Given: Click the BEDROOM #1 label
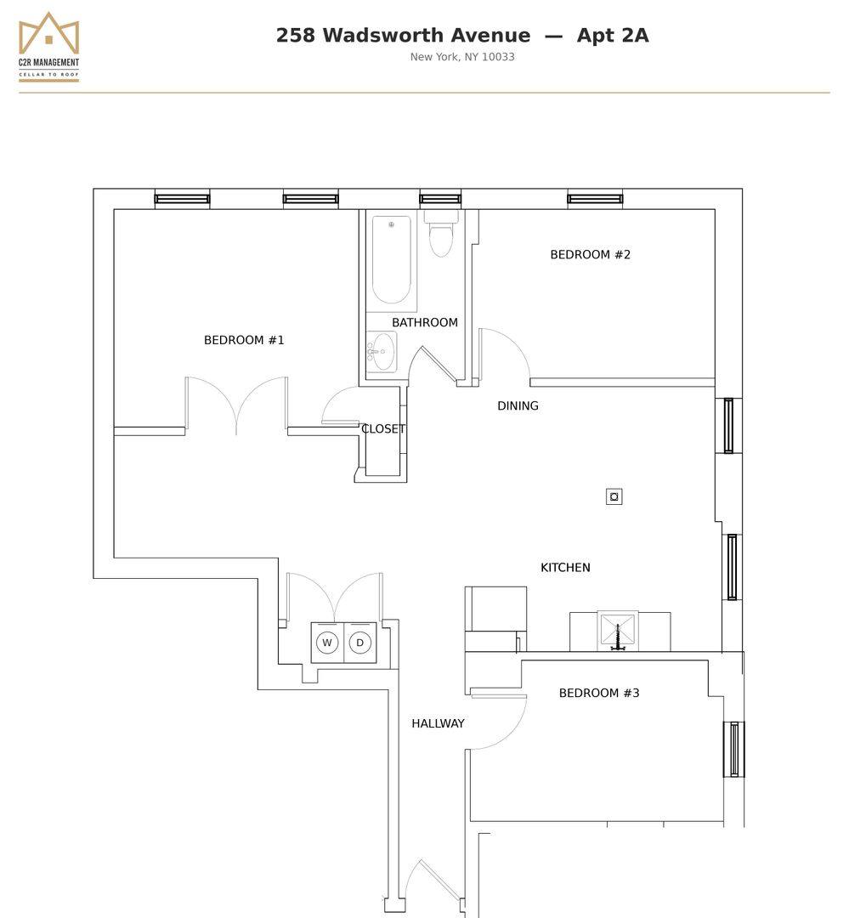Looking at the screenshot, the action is point(244,340).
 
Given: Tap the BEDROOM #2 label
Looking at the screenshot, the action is point(590,255).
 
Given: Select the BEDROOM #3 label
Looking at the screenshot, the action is point(599,694).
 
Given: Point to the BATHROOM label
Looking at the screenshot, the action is point(425,323).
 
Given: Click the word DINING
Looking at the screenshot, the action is point(518,405).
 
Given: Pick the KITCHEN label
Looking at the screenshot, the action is point(565,567).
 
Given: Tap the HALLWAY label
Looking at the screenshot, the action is point(438,723).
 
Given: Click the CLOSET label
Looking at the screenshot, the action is point(383,428).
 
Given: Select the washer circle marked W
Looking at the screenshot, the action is point(326,643).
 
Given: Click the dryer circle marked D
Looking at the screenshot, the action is point(360,643).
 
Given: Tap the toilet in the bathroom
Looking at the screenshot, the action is point(441,235).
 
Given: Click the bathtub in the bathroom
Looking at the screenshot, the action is point(391,260).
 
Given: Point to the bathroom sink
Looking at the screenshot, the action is point(382,351).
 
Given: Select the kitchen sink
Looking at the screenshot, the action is point(618,631).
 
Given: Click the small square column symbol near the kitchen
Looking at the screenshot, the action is point(614,497).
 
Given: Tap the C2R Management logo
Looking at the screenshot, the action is point(48,47).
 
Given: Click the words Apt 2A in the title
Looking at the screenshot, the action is point(613,35).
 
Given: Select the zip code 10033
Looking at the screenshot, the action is point(498,57).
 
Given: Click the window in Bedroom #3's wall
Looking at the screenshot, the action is point(733,750).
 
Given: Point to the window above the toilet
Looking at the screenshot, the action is point(440,199).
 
